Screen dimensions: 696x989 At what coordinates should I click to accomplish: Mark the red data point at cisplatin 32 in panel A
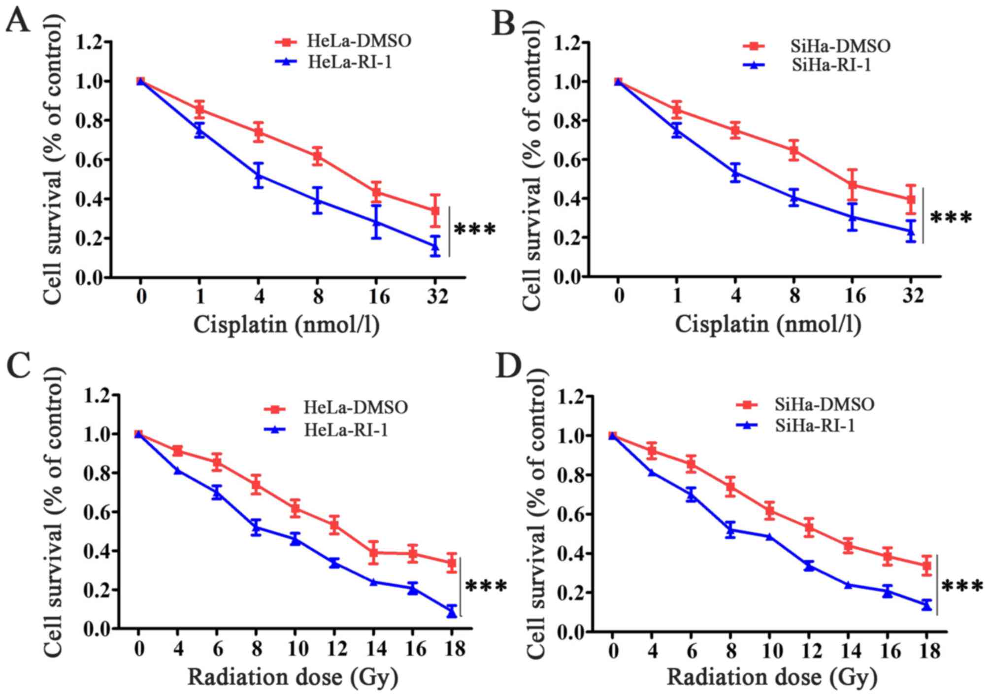[x=435, y=211]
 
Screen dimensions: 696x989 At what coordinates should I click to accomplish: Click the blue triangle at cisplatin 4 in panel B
[x=735, y=172]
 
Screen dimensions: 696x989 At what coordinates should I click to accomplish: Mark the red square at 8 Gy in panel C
[x=256, y=485]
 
